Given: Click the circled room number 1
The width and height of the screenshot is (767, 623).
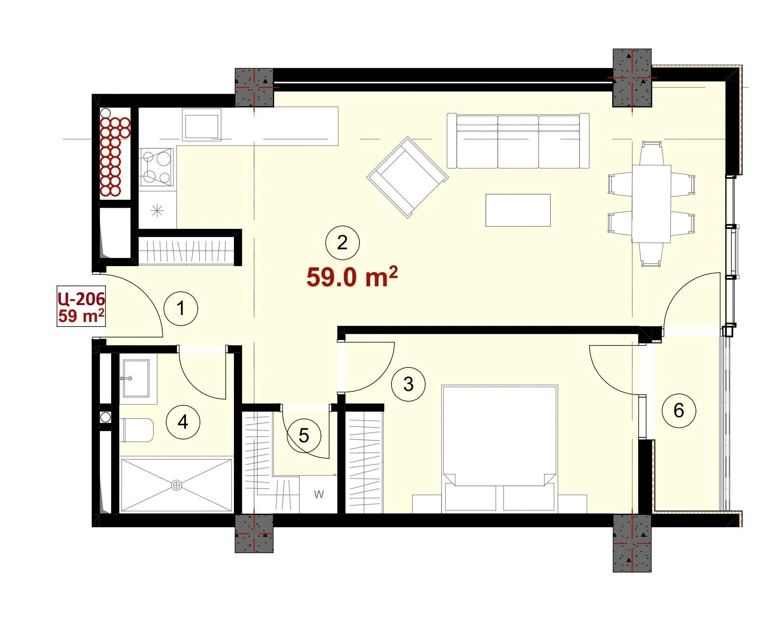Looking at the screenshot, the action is click(x=181, y=308).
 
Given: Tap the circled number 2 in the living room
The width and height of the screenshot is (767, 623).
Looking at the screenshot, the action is click(x=342, y=243).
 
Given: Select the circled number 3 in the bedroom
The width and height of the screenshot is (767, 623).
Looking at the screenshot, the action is click(x=408, y=384).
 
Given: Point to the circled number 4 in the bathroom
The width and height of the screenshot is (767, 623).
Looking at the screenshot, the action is click(x=183, y=422).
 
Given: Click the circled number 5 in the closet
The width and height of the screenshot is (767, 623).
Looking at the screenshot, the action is click(x=304, y=436).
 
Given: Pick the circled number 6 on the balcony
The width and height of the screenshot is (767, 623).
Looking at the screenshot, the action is click(x=679, y=410).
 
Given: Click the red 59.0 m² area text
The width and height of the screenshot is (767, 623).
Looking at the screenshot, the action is click(x=352, y=277).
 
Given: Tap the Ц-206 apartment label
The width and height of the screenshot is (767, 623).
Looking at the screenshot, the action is click(x=82, y=299).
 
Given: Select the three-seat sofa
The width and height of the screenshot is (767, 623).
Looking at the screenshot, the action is click(x=518, y=141).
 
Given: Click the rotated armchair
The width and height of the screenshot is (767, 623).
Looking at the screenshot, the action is click(x=408, y=177).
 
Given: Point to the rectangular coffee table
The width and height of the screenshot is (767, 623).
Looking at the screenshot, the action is click(x=518, y=210).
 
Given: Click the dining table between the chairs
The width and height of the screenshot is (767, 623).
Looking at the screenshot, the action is click(x=652, y=204).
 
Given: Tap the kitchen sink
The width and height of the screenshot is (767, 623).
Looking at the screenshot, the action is click(x=201, y=125).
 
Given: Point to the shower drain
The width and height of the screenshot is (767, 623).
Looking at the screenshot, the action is click(x=176, y=485).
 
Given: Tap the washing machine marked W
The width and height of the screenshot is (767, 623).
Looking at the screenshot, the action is click(x=318, y=494).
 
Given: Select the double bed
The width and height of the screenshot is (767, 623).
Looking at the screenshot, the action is click(x=499, y=449).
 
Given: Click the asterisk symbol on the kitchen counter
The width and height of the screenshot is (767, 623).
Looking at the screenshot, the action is click(x=157, y=211).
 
